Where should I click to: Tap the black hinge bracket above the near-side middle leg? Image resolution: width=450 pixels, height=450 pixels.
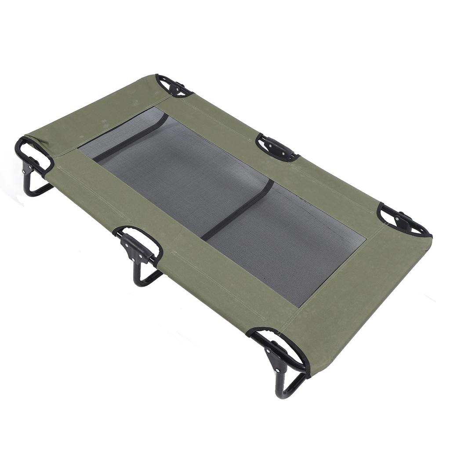[x=134, y=246]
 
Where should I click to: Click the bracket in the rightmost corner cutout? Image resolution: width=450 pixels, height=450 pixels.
[x=403, y=221]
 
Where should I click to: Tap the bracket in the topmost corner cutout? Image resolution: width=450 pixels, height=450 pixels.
[x=174, y=87]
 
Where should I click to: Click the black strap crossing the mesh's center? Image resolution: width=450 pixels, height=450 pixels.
[x=237, y=210]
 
